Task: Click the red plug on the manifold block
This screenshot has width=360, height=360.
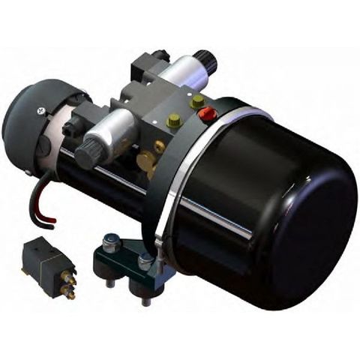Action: coord(207,114)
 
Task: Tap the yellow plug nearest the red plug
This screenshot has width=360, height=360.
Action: coord(197,100)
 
